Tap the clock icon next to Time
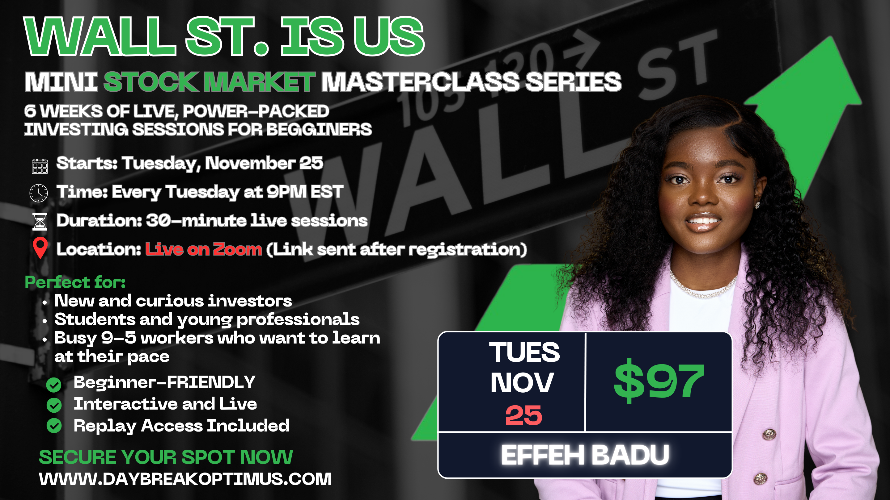coord(39,193)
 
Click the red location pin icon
coord(40,248)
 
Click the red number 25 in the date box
coord(524,415)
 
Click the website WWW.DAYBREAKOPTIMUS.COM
coord(185,479)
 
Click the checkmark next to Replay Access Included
coord(54,426)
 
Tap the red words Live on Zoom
coord(204,249)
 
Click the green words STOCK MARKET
coord(210,82)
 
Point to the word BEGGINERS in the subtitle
coord(319,130)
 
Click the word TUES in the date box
coord(524,352)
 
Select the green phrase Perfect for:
coord(75,282)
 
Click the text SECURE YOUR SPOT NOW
coord(166,457)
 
